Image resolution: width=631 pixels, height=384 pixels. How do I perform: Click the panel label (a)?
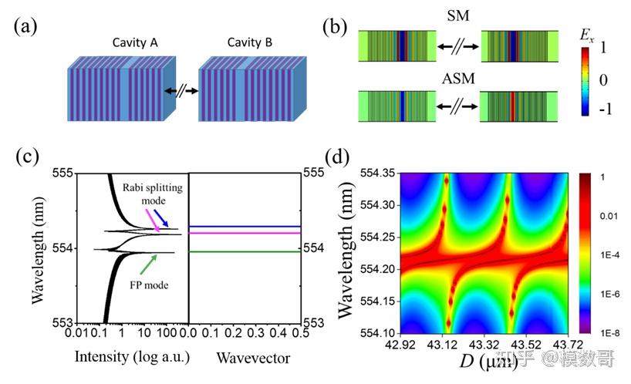coord(25,28)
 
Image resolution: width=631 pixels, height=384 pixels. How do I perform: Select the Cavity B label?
coord(249,42)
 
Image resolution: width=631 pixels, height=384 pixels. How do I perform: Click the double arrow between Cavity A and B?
coord(182,91)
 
